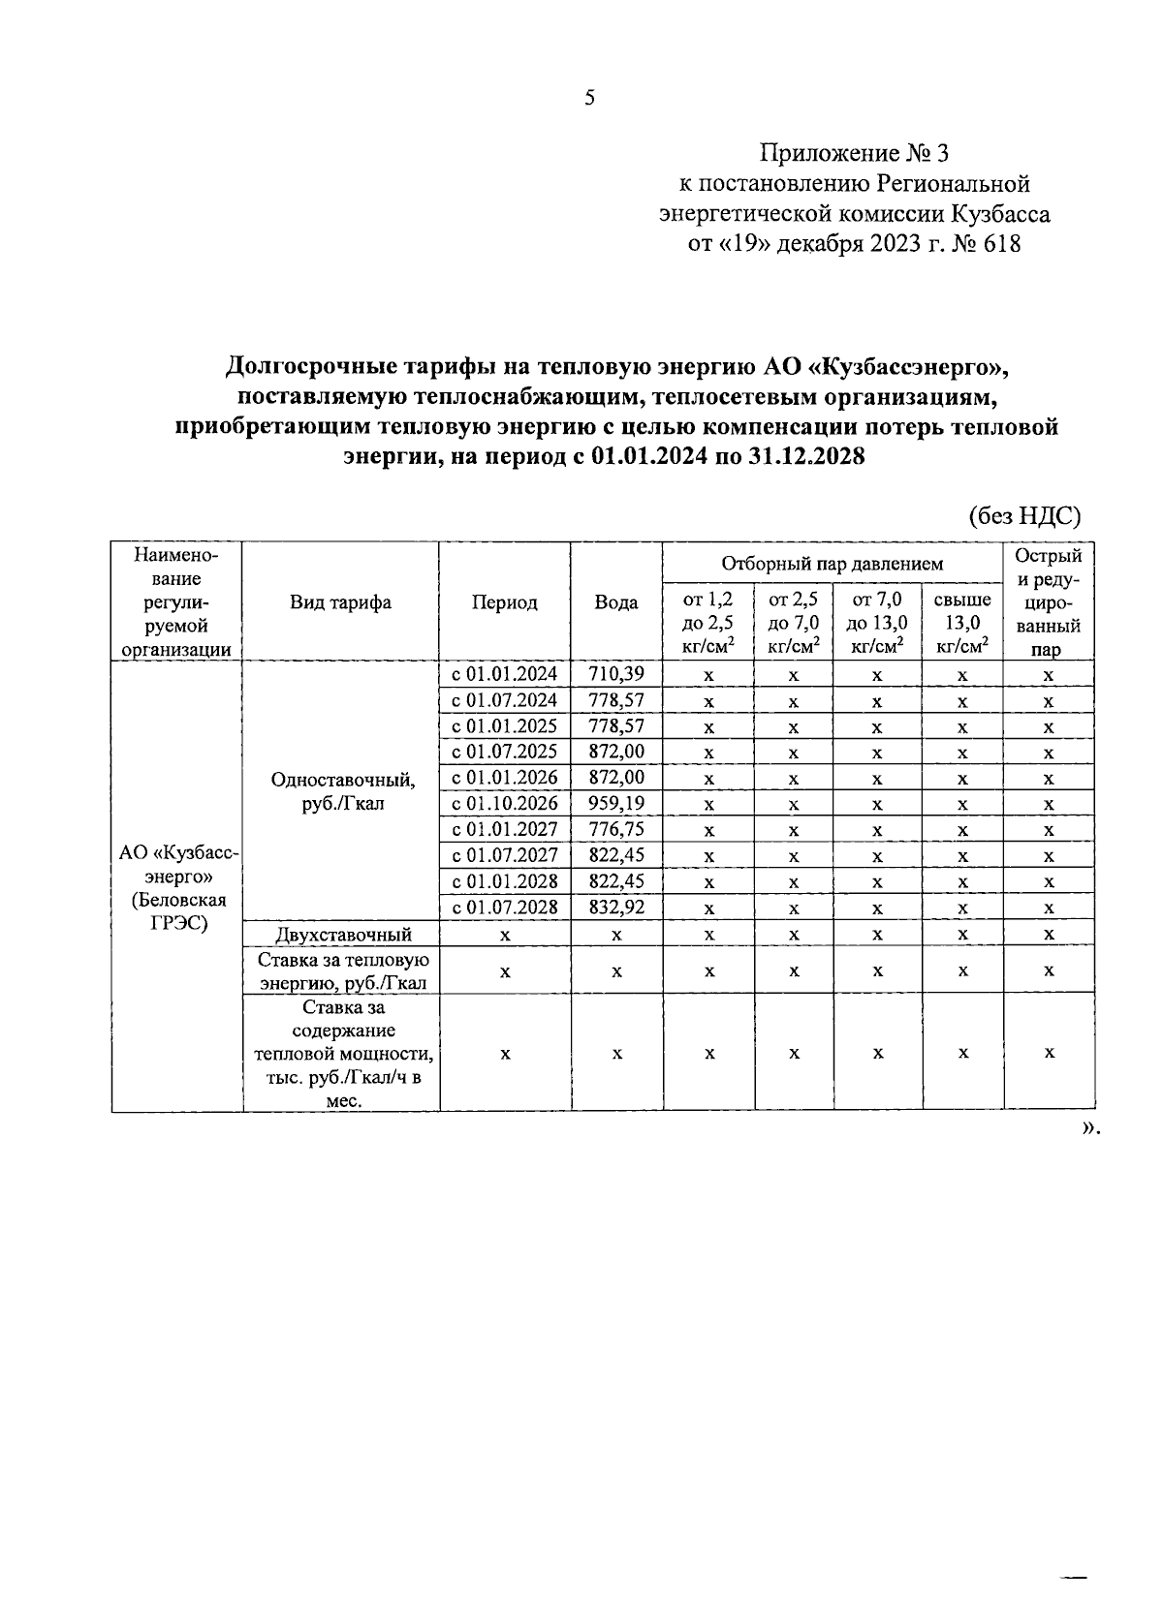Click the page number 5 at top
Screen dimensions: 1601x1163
click(x=589, y=98)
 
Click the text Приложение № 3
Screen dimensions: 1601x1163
click(x=856, y=153)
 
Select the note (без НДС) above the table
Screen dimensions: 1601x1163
click(x=1024, y=515)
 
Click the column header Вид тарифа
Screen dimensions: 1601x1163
click(x=340, y=602)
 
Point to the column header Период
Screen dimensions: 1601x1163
click(x=504, y=602)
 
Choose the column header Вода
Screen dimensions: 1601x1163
click(x=616, y=602)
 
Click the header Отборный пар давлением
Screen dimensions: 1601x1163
click(x=832, y=563)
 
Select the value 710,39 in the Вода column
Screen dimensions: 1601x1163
click(x=616, y=674)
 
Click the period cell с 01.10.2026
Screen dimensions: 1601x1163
click(x=504, y=803)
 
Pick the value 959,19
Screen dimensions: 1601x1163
click(x=616, y=803)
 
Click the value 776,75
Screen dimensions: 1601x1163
click(x=616, y=829)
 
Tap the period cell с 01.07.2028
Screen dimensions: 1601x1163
click(x=504, y=907)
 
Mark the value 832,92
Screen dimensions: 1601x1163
click(x=616, y=907)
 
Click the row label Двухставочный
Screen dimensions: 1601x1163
click(x=343, y=935)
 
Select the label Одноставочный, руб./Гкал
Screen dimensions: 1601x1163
click(x=343, y=791)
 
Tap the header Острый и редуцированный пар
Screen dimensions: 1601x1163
click(x=1049, y=602)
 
